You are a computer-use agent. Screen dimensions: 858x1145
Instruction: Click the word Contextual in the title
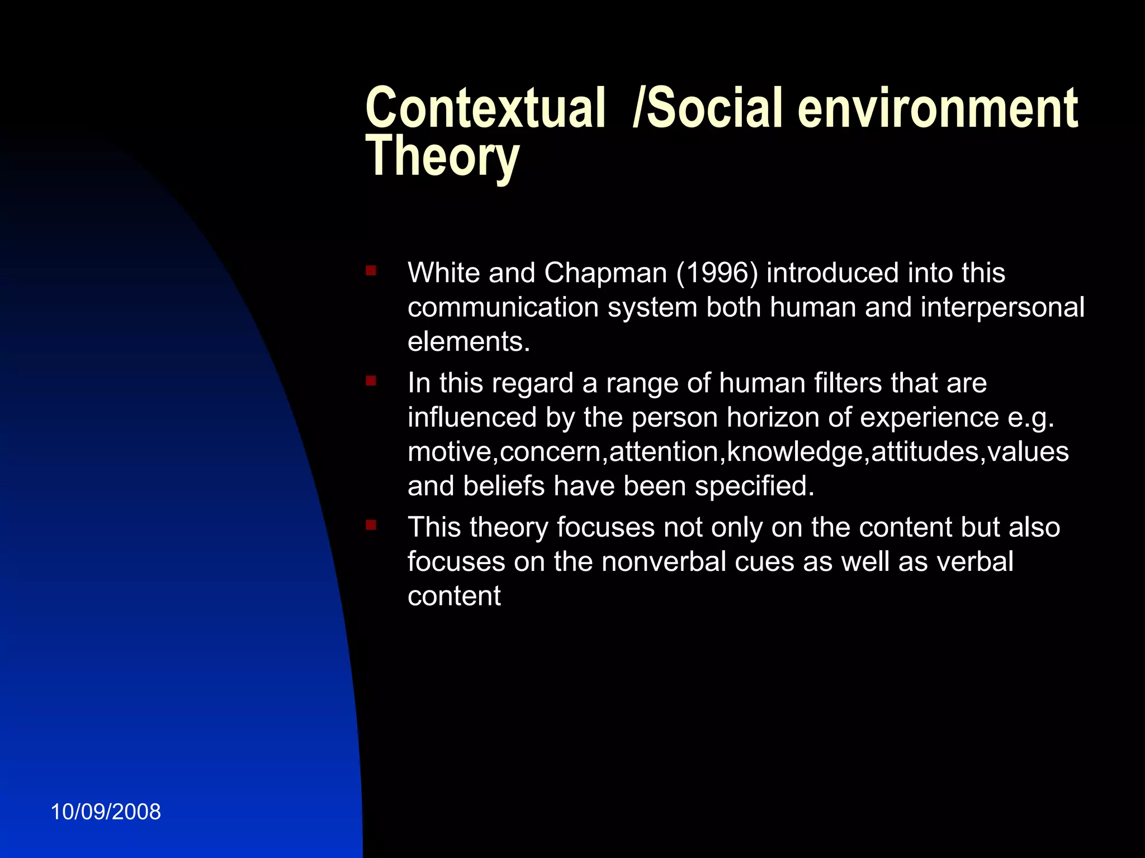pos(485,108)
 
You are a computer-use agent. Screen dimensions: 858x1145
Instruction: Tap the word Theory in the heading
pos(442,158)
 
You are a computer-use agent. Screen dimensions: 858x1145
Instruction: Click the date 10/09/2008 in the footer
pos(106,812)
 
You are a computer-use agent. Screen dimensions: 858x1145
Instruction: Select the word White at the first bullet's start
pos(444,273)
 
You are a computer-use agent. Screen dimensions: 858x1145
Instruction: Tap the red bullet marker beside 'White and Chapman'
pos(371,271)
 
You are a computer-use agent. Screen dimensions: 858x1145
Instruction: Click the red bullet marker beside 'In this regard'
pos(371,381)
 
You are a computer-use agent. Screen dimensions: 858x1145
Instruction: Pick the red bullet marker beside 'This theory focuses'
pos(371,525)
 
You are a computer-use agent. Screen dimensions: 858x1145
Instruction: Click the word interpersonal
pos(1002,308)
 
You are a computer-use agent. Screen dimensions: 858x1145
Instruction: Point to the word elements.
pos(469,342)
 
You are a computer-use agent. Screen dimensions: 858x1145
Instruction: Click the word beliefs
pos(504,486)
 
